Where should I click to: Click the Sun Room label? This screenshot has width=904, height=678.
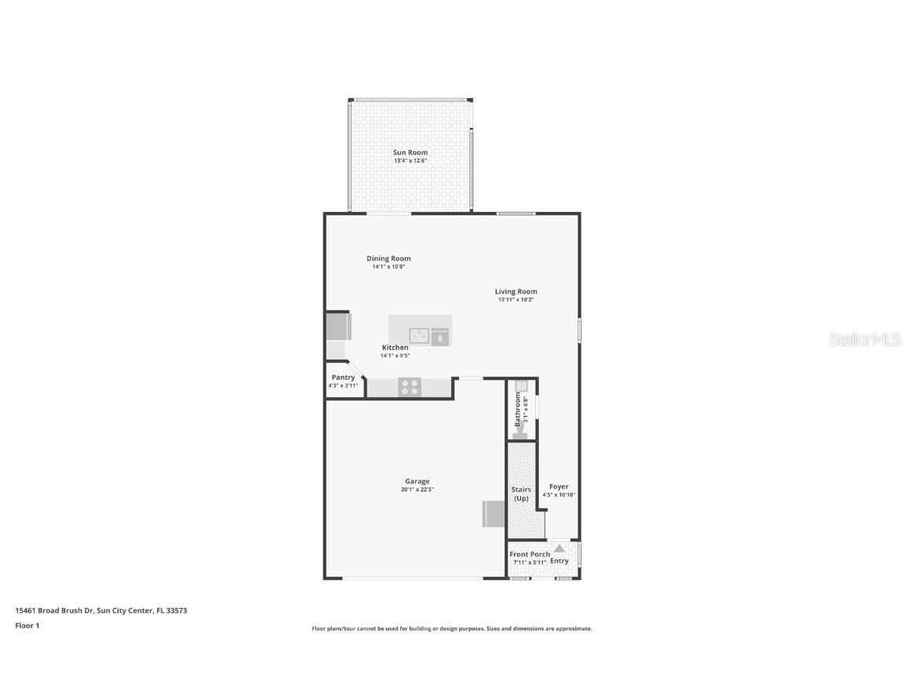click(x=410, y=152)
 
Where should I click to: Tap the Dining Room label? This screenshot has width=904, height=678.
click(x=388, y=258)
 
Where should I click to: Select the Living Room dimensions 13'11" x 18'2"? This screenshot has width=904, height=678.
click(x=516, y=300)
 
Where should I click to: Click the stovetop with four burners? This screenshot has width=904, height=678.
click(x=409, y=386)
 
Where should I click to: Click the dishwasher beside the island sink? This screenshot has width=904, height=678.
click(x=440, y=337)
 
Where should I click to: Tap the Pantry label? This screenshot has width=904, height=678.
click(x=343, y=377)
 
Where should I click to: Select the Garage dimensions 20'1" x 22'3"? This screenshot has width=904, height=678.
click(x=417, y=490)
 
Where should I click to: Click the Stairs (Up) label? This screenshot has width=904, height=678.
click(x=521, y=494)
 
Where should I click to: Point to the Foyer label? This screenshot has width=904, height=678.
click(x=559, y=487)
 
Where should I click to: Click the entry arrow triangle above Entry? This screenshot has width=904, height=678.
click(x=559, y=549)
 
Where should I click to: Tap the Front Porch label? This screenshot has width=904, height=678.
click(x=530, y=554)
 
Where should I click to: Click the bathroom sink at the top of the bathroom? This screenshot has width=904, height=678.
click(x=520, y=385)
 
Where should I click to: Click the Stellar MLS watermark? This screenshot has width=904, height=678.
click(x=855, y=339)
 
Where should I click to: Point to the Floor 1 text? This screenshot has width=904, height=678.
click(x=27, y=625)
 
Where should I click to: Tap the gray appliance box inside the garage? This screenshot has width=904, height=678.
click(x=493, y=514)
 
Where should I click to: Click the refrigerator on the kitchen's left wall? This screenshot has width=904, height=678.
click(x=338, y=326)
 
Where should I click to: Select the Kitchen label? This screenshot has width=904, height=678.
click(x=395, y=348)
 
